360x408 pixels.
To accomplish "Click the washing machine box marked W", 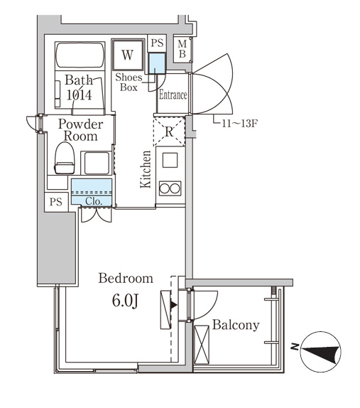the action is pyautogui.click(x=128, y=55).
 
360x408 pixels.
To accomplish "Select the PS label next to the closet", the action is pyautogui.click(x=56, y=202).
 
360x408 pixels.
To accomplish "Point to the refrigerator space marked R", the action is pyautogui.click(x=169, y=131).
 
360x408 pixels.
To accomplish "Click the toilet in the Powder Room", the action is pyautogui.click(x=65, y=158).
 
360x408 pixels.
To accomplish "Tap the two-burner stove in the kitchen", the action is pyautogui.click(x=170, y=188).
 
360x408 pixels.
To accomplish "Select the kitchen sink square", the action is pyautogui.click(x=170, y=160).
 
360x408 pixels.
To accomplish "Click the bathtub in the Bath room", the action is pyautogui.click(x=80, y=55).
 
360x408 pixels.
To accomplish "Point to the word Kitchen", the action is pyautogui.click(x=146, y=169).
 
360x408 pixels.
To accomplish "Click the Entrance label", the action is pyautogui.click(x=173, y=95).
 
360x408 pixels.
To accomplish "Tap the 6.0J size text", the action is pyautogui.click(x=125, y=301).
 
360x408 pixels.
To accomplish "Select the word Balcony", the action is pyautogui.click(x=236, y=325).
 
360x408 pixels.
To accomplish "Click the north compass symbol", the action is pyautogui.click(x=320, y=352).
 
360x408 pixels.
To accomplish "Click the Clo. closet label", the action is pyautogui.click(x=94, y=201).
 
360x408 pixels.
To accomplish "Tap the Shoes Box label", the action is pyautogui.click(x=129, y=82).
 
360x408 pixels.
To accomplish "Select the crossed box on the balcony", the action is pyautogui.click(x=202, y=344).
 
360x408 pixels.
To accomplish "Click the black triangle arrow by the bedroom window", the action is pyautogui.click(x=173, y=305).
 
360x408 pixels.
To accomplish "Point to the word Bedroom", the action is pyautogui.click(x=126, y=278).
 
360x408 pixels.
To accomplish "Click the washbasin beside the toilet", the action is pyautogui.click(x=97, y=163).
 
